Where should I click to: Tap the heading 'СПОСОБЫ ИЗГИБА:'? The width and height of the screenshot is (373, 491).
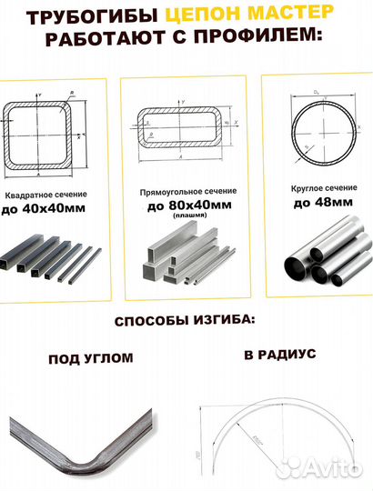(186, 323)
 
